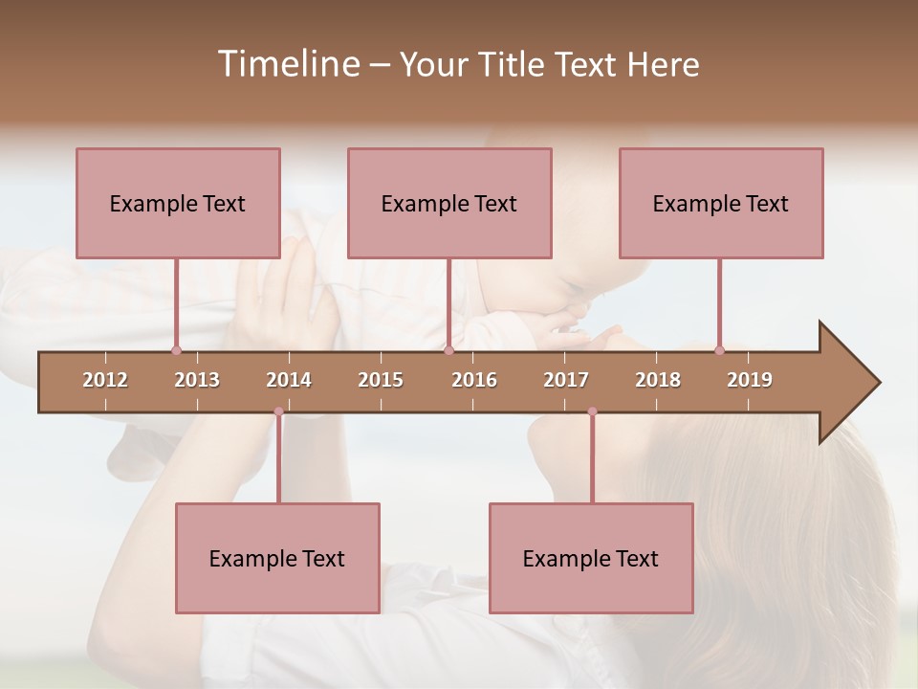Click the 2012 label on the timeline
click(105, 380)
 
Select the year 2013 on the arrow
click(197, 380)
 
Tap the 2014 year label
click(289, 380)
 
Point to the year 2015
click(381, 380)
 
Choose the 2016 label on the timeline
click(474, 380)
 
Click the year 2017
click(566, 380)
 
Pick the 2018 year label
click(658, 380)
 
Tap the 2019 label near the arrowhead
click(750, 380)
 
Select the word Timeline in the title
click(286, 64)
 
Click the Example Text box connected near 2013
click(178, 203)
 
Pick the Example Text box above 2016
click(449, 203)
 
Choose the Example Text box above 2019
click(721, 203)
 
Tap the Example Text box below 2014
click(277, 558)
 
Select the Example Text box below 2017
click(591, 558)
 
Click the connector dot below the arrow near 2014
click(278, 411)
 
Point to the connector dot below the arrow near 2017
click(592, 411)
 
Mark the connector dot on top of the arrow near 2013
click(176, 350)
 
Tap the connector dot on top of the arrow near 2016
click(448, 350)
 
